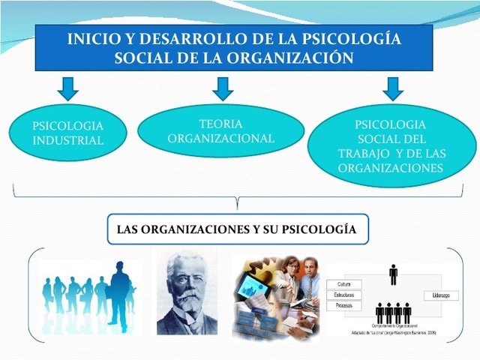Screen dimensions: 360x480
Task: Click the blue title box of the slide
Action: pyautogui.click(x=233, y=47)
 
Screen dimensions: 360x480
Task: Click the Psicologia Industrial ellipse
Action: pyautogui.click(x=67, y=133)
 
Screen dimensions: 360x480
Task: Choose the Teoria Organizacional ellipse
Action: pyautogui.click(x=221, y=130)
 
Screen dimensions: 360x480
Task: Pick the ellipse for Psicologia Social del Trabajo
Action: pyautogui.click(x=391, y=145)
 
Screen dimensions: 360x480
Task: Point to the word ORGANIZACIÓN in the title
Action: pyautogui.click(x=287, y=58)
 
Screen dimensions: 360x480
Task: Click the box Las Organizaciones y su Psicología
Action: pyautogui.click(x=237, y=229)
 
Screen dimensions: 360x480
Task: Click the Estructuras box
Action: pyautogui.click(x=347, y=295)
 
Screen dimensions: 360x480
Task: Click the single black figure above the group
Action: pyautogui.click(x=393, y=274)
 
